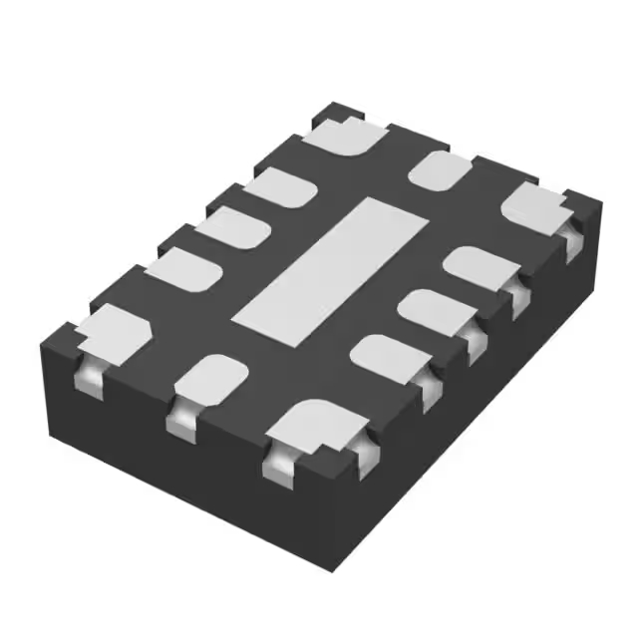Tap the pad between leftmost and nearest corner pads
coord(211,379)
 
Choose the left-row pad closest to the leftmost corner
coord(183,270)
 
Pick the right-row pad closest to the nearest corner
coord(392,356)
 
